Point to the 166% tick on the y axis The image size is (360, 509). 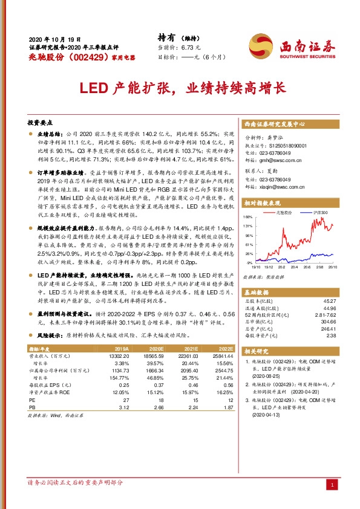pos(247,216)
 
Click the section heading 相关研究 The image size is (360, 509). pos(258,351)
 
